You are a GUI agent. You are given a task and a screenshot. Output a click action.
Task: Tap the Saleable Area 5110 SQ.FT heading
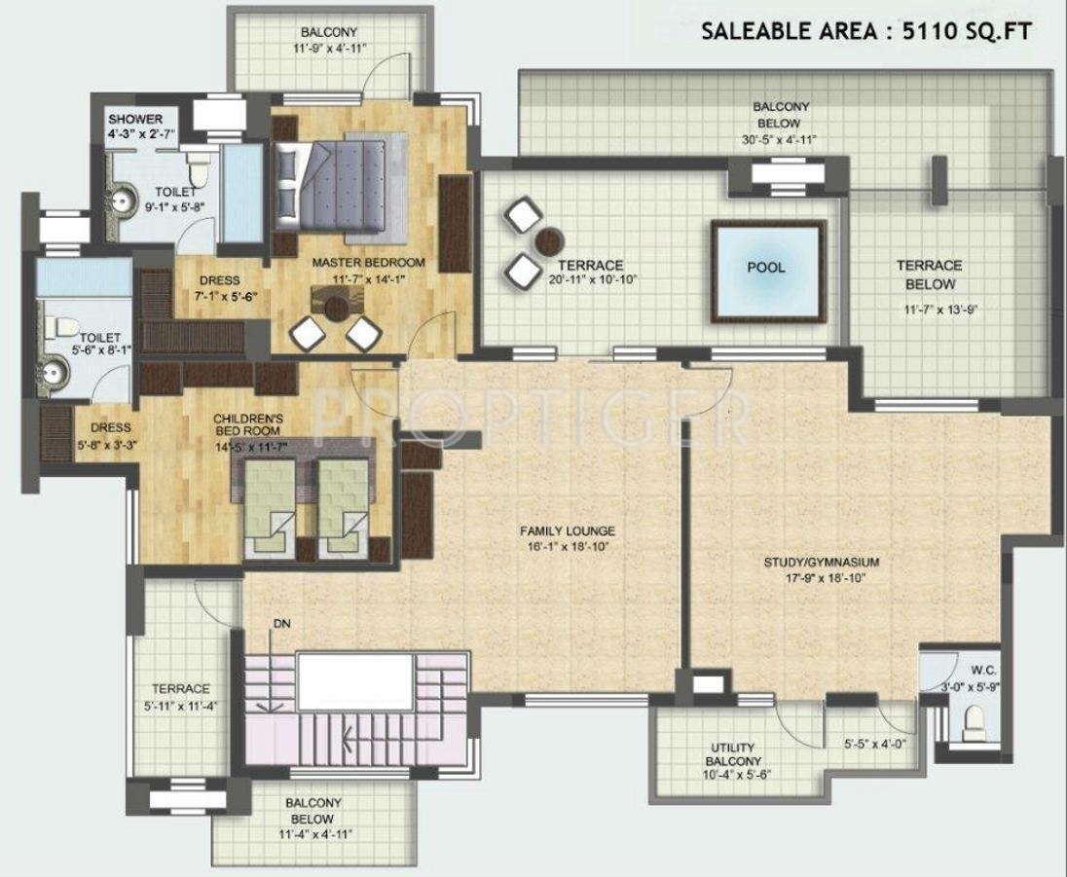click(x=866, y=31)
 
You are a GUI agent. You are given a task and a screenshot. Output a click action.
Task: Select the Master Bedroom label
click(x=368, y=263)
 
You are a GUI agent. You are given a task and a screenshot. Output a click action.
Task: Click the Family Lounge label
click(x=567, y=530)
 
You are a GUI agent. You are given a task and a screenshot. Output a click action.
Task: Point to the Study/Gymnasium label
click(x=822, y=563)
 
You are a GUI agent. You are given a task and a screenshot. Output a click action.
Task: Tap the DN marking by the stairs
click(x=281, y=623)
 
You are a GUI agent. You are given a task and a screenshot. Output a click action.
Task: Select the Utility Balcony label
click(x=733, y=753)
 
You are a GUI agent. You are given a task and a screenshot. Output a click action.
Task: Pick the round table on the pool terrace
click(x=548, y=240)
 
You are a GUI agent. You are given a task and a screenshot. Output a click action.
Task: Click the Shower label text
click(x=135, y=119)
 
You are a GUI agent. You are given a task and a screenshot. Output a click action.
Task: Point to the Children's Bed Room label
click(x=247, y=424)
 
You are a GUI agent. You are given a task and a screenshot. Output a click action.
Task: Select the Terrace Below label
click(x=929, y=274)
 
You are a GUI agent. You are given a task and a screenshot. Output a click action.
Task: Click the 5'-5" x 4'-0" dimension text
click(x=874, y=745)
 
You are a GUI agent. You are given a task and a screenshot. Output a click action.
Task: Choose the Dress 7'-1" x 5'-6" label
click(x=220, y=288)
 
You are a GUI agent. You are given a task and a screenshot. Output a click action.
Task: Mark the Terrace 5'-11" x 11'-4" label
click(x=180, y=697)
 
